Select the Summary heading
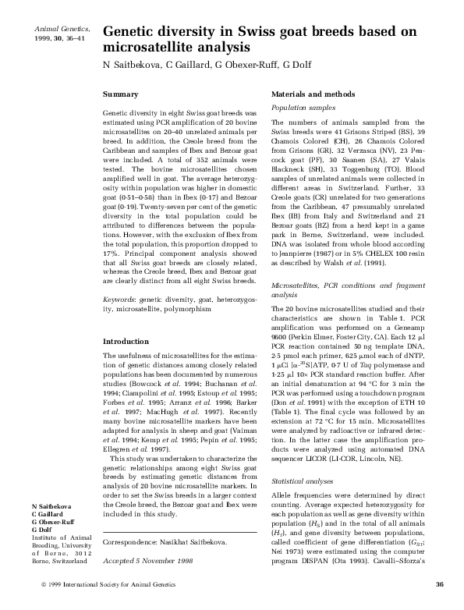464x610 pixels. (x=121, y=93)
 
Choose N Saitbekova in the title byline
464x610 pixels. (x=131, y=65)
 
